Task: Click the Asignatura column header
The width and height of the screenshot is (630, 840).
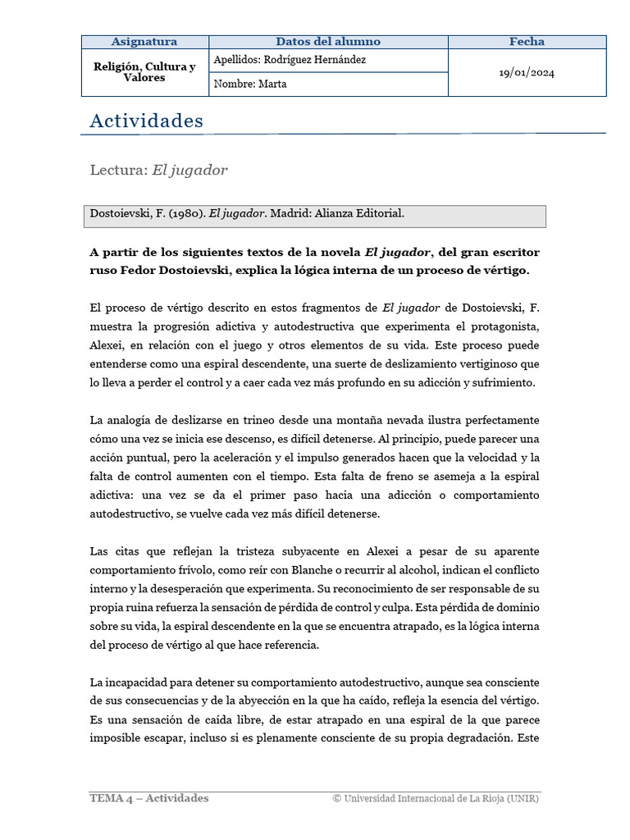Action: coord(144,42)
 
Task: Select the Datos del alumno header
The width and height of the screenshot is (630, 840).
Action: coord(328,42)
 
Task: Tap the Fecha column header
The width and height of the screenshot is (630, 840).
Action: coord(527,42)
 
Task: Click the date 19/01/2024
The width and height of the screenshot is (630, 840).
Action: coord(527,72)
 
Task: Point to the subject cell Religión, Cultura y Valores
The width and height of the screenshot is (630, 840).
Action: coord(144,72)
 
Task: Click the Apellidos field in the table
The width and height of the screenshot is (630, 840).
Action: coord(289,60)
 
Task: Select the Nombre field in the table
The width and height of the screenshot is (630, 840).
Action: coord(249,84)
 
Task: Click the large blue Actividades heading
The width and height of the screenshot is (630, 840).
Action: coord(146,121)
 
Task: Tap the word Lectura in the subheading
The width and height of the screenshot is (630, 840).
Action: coord(117,170)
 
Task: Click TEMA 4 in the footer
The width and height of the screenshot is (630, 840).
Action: coord(111,798)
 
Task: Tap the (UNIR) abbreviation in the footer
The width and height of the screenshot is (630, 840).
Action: coord(523,798)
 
